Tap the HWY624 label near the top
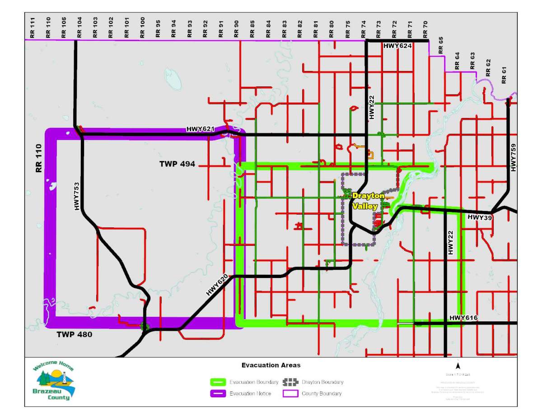(x=398, y=46)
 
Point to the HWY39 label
(x=479, y=217)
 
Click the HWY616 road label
(x=463, y=318)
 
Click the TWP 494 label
(x=177, y=164)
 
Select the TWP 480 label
(x=75, y=334)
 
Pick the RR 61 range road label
(x=504, y=75)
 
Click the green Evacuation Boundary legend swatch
(x=218, y=382)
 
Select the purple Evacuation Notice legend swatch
(x=218, y=394)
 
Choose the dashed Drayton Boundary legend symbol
(x=290, y=382)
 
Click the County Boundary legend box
(x=290, y=394)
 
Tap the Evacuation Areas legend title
(x=271, y=365)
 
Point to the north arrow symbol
(x=458, y=367)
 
